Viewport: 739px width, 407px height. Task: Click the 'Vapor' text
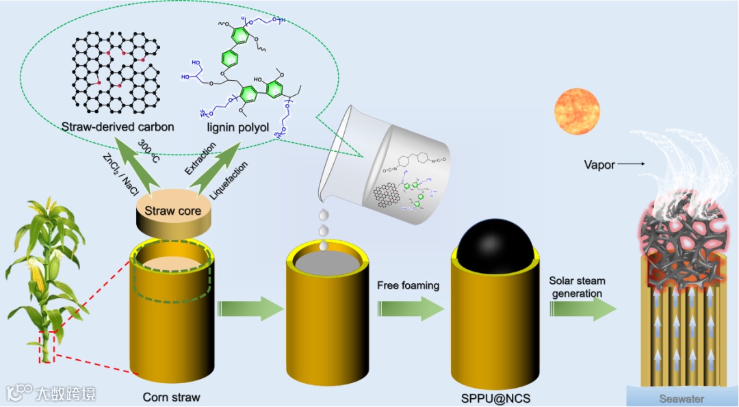click(600, 164)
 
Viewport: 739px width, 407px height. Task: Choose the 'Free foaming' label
click(408, 285)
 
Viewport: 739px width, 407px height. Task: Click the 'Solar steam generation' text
click(576, 287)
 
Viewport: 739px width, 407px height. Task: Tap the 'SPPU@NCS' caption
click(491, 396)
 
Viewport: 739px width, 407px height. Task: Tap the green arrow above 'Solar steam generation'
click(582, 309)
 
